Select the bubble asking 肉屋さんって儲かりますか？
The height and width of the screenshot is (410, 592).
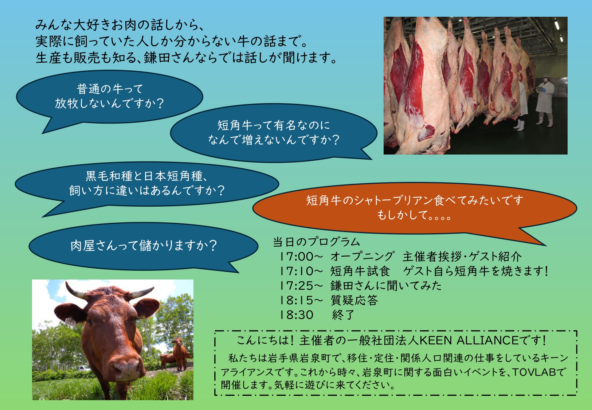point(143,246)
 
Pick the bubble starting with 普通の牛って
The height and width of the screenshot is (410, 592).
point(109,98)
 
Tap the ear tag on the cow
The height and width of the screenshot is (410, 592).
point(70,321)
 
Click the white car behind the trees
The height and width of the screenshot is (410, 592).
point(85,368)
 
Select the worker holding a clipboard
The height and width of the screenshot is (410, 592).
point(545,101)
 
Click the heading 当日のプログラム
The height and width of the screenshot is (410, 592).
point(316,242)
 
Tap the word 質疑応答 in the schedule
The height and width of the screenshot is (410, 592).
point(354,300)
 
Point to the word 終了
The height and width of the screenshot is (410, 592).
point(343,315)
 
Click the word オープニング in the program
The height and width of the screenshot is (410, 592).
point(362,257)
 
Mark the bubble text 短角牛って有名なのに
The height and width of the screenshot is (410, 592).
point(274,125)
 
